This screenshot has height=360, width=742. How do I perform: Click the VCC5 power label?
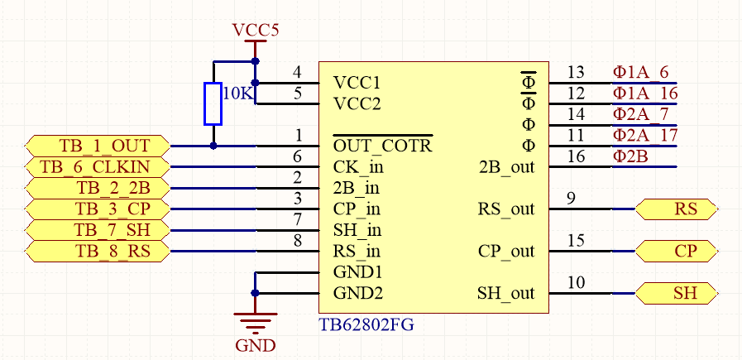[256, 31]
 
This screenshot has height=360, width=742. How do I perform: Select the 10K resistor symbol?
[213, 103]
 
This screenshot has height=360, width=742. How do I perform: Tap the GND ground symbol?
[255, 319]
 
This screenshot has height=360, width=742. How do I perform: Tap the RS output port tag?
[677, 209]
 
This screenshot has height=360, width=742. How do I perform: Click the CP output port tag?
[677, 251]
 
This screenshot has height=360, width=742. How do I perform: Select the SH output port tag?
[677, 293]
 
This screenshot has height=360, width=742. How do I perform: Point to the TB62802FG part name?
[366, 325]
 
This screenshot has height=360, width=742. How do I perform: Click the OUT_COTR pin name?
[382, 146]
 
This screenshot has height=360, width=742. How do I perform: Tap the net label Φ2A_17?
[645, 135]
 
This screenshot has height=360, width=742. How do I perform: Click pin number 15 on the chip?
[576, 240]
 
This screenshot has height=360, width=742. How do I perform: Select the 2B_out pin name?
[507, 167]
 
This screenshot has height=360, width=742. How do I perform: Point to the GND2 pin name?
[357, 293]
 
